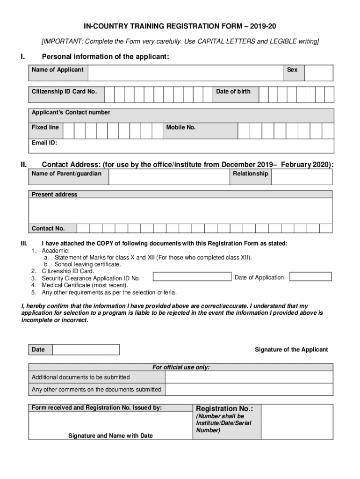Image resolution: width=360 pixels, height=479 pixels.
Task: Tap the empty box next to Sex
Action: click(319, 73)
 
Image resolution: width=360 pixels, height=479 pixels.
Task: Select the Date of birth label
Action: click(233, 92)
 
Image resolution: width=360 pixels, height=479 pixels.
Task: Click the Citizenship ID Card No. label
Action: click(64, 92)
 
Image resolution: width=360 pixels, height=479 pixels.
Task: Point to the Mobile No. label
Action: click(180, 128)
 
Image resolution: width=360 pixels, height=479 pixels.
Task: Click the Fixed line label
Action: click(45, 128)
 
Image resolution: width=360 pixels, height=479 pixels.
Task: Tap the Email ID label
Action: click(44, 143)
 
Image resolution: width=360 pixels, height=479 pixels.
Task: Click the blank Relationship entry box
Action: click(302, 177)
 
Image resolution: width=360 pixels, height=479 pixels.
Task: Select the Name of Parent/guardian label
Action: click(66, 174)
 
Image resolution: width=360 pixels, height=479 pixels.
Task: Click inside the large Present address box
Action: click(180, 211)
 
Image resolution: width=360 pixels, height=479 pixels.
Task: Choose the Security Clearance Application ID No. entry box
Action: click(192, 276)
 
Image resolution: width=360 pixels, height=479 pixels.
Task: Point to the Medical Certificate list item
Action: click(85, 285)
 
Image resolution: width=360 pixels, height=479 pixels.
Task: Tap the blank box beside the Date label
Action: click(86, 350)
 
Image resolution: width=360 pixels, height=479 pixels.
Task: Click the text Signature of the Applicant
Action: click(291, 350)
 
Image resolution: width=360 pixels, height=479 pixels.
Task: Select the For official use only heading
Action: click(181, 368)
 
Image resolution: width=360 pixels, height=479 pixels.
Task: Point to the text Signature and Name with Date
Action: click(110, 436)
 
